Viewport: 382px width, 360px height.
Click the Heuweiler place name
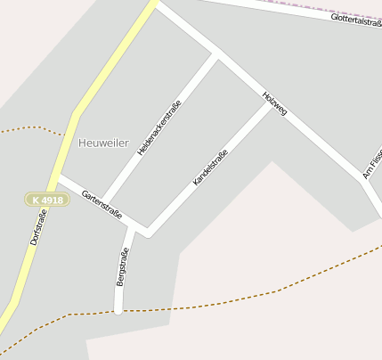pyautogui.click(x=103, y=143)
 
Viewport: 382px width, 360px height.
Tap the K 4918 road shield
pyautogui.click(x=46, y=200)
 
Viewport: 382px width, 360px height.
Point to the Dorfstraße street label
pyautogui.click(x=38, y=226)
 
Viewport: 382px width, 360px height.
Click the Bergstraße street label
pyautogui.click(x=122, y=267)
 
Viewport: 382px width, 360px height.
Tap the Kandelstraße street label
pyautogui.click(x=211, y=168)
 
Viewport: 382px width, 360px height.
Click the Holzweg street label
pyautogui.click(x=275, y=103)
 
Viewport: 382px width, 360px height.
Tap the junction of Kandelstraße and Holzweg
pyautogui.click(x=271, y=103)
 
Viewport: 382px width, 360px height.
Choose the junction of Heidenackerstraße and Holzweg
pyautogui.click(x=216, y=55)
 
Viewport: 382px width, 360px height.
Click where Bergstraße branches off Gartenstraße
pyautogui.click(x=130, y=225)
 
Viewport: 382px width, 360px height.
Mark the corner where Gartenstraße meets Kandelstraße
pyautogui.click(x=148, y=235)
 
